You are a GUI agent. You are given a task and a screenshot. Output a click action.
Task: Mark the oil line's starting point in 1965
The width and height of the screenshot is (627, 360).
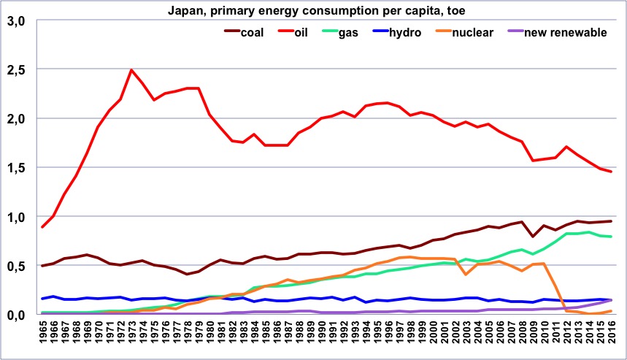(x=42, y=227)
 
